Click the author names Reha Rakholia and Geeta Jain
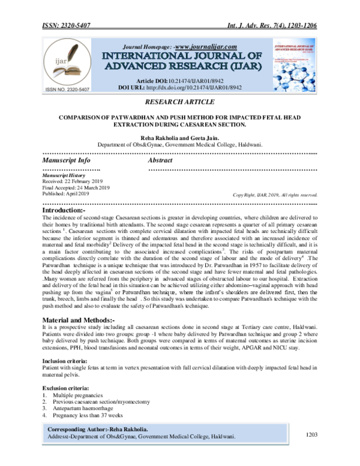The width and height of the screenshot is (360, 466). point(179,138)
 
